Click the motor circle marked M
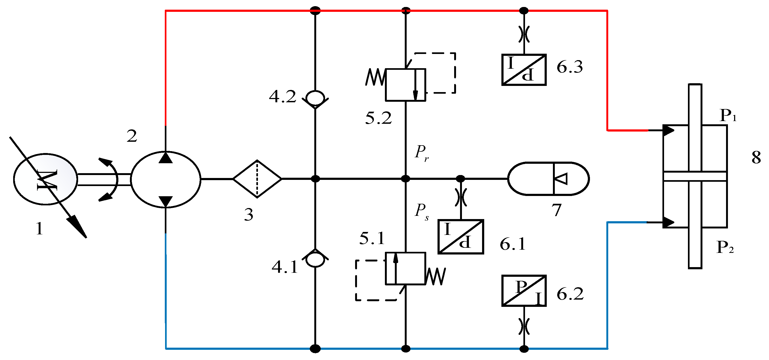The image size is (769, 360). tap(45, 179)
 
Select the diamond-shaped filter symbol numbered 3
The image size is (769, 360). tap(257, 179)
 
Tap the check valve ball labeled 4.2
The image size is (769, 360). tap(315, 98)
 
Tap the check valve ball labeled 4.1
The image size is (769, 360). tap(315, 259)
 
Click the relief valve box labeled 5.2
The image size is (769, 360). tap(405, 85)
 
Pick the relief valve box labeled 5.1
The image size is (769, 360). tap(405, 268)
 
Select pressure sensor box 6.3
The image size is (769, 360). tap(524, 70)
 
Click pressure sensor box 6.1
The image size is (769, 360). tap(461, 237)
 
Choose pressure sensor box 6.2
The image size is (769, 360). tap(524, 291)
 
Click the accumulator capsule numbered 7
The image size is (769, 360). tap(548, 179)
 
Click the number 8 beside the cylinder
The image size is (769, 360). tap(756, 157)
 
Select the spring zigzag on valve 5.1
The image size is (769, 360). tap(436, 276)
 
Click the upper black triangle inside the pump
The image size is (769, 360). tap(166, 157)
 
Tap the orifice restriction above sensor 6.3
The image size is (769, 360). tap(524, 34)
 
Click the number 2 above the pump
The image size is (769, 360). tap(132, 136)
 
